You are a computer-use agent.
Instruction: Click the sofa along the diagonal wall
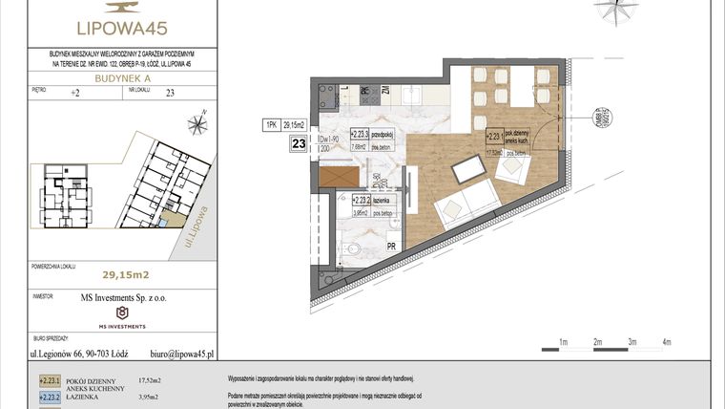465,204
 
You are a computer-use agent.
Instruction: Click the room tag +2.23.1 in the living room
497,137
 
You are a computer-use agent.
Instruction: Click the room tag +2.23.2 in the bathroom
362,200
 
